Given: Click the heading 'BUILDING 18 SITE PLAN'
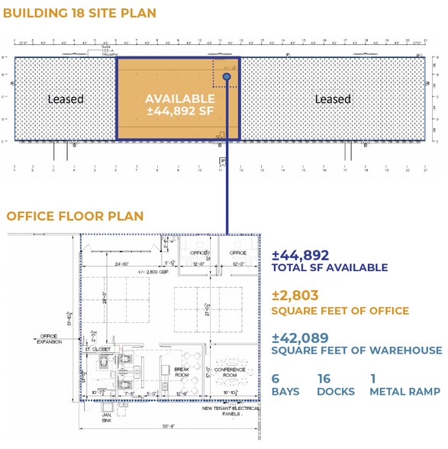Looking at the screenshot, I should tap(81, 13).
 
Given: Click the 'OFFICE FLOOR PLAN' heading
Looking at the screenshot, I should tap(74, 216).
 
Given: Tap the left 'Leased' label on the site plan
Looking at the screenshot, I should tap(66, 99).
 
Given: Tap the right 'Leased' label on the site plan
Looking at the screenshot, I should tap(333, 99).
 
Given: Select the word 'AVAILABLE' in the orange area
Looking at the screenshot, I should tap(180, 99).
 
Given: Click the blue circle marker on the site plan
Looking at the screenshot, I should tap(227, 77).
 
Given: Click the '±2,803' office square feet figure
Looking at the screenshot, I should tap(295, 296).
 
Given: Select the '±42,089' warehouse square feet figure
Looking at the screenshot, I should tap(300, 337).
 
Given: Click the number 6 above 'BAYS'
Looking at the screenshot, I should tap(276, 378).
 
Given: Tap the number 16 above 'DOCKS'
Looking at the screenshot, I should tap(325, 378).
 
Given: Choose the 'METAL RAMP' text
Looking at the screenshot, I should tap(404, 392).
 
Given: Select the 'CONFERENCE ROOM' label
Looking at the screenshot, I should tap(230, 372).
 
